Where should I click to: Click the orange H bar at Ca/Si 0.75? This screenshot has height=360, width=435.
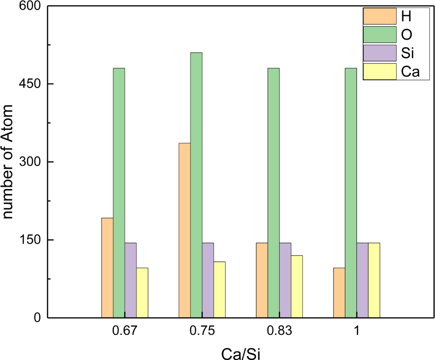click(185, 230)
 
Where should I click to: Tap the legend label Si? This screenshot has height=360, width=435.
click(408, 53)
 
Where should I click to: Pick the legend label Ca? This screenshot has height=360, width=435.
click(410, 72)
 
